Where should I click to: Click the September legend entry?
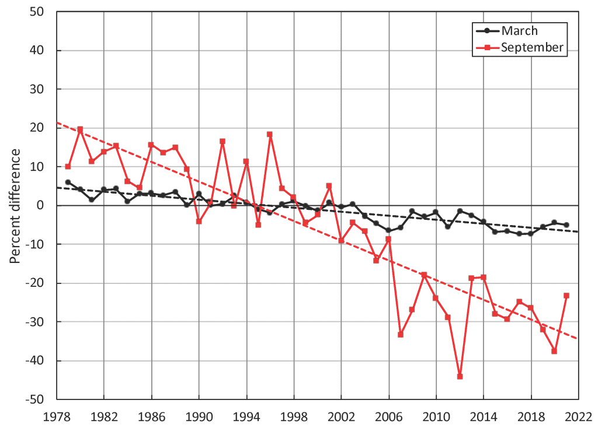[x=532, y=48]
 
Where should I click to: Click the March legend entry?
[x=519, y=31]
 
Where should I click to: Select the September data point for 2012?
[x=460, y=377]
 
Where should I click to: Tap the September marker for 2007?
[x=401, y=335]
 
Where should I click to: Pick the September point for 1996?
[x=270, y=134]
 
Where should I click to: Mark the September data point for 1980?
[x=80, y=129]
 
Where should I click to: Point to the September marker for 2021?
[x=566, y=296]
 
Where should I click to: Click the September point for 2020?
[x=554, y=352]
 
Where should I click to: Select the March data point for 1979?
[x=68, y=182]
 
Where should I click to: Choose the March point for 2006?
[x=388, y=230]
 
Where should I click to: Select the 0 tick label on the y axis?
[x=42, y=205]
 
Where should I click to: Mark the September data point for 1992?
[x=222, y=141]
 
